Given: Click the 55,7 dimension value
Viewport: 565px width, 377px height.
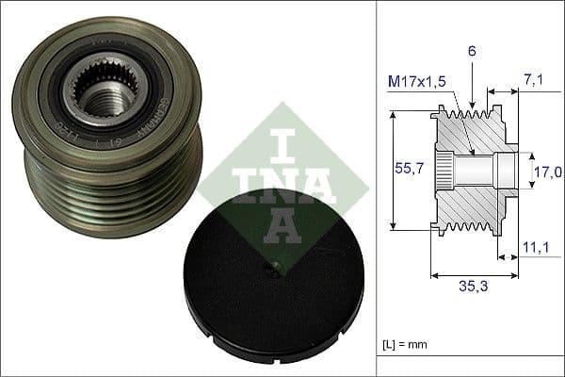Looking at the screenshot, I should (407, 170).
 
